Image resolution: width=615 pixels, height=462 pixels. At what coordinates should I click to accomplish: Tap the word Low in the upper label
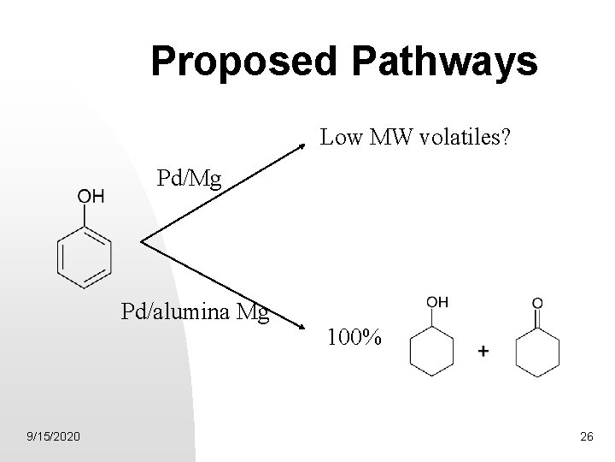(x=339, y=137)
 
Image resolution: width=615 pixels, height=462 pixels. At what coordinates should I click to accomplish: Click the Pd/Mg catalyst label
(x=189, y=179)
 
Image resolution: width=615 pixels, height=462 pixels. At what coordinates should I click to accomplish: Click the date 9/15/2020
(x=55, y=437)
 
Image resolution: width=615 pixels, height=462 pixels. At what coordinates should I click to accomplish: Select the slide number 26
(x=586, y=437)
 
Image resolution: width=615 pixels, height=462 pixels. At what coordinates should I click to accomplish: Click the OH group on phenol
(x=91, y=198)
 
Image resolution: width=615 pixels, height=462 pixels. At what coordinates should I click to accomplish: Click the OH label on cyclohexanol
(x=436, y=301)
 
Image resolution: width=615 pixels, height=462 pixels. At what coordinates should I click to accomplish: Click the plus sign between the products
(x=484, y=351)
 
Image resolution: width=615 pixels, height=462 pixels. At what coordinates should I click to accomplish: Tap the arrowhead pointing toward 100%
(x=301, y=326)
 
